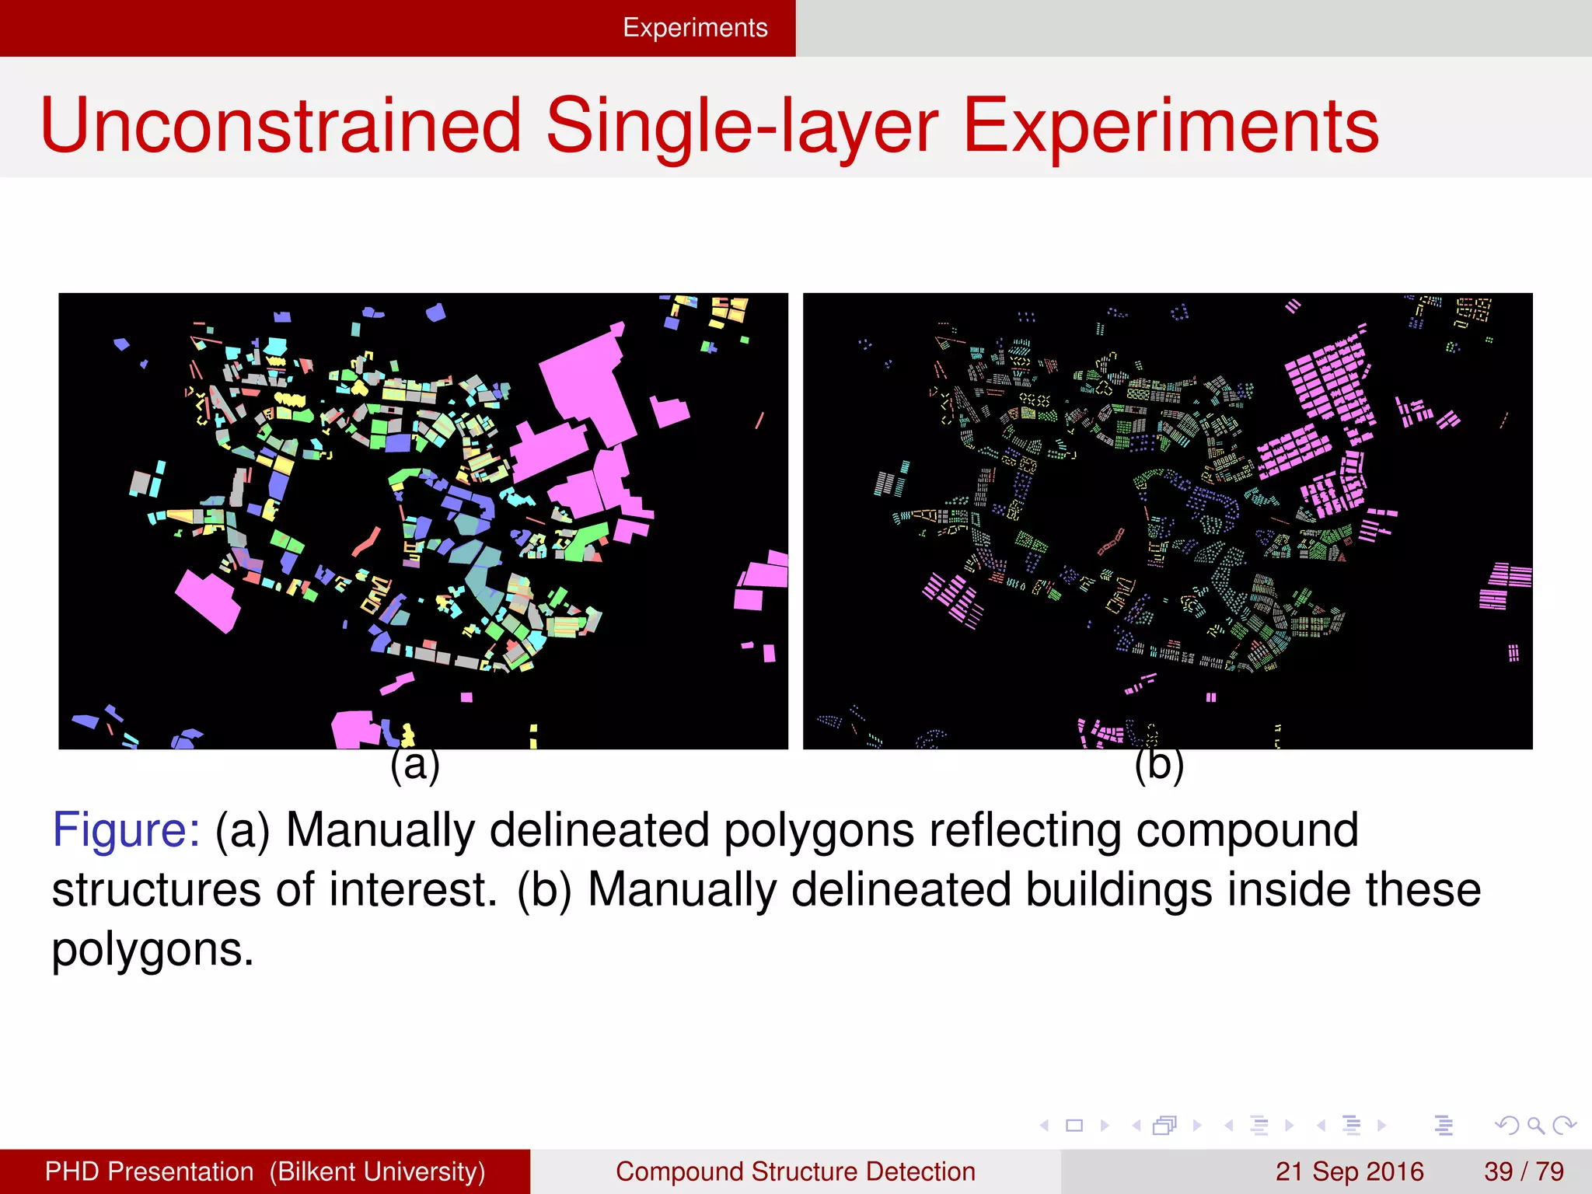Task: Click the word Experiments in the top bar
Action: click(695, 28)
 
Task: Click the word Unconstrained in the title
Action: click(280, 126)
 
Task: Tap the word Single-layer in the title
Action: click(742, 126)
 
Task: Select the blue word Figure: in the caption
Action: click(126, 830)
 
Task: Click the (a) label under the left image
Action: click(414, 765)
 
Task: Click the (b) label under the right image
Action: click(1158, 765)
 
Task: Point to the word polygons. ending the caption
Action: click(152, 950)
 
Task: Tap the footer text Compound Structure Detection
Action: click(795, 1171)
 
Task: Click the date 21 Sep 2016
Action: click(1349, 1171)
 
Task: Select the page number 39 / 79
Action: click(1523, 1171)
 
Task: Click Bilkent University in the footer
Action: click(377, 1171)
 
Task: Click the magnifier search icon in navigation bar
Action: click(1535, 1125)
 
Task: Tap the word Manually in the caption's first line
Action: click(380, 830)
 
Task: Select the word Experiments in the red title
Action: click(1170, 126)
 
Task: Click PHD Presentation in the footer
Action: click(149, 1171)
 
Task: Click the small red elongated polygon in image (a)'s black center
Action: click(366, 543)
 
